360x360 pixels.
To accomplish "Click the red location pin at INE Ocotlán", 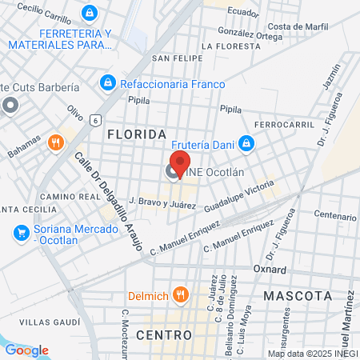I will point(180,162).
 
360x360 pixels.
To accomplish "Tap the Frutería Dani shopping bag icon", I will point(247,144).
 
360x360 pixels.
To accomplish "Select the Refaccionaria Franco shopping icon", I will point(107,82).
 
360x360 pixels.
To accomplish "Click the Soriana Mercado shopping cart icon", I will point(21,233).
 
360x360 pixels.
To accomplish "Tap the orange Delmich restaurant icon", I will point(181,295).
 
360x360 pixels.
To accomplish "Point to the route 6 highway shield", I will point(95,119).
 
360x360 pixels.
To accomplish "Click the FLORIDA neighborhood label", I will point(137,134).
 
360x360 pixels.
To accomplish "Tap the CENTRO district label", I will point(165,334).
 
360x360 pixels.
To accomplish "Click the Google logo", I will point(26,350).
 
